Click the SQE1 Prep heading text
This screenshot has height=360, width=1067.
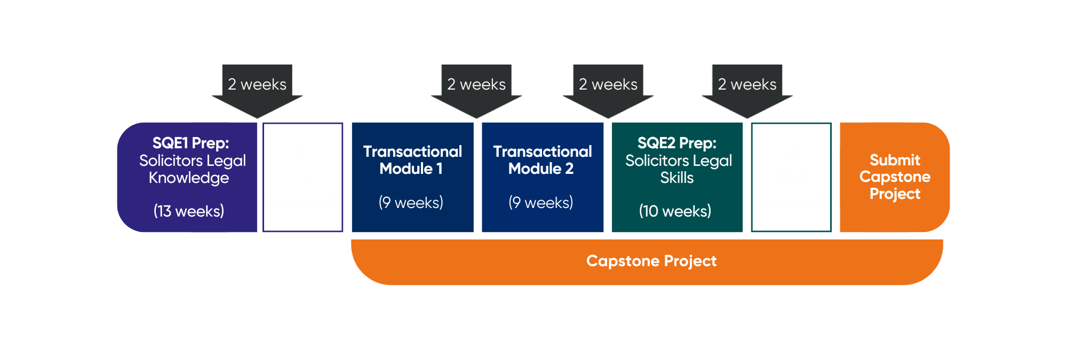[190, 143]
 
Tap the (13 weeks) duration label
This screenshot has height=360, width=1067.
[189, 211]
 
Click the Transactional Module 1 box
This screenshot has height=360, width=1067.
[412, 177]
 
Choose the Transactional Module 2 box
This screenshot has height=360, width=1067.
[543, 177]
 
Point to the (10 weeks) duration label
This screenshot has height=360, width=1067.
[675, 211]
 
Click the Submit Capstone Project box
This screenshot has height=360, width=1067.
[895, 177]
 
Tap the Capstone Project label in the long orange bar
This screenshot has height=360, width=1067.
[651, 261]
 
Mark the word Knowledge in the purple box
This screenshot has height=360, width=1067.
[189, 178]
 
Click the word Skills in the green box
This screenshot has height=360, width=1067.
[677, 178]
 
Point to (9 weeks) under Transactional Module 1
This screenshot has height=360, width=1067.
[411, 203]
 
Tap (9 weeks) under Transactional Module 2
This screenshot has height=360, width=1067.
[540, 203]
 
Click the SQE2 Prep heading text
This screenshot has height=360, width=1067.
[677, 143]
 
